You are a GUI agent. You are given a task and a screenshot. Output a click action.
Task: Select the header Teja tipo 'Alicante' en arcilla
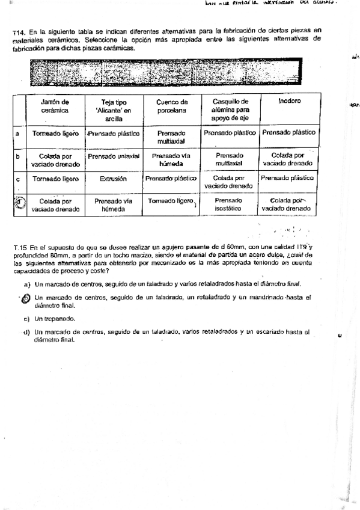[114, 111]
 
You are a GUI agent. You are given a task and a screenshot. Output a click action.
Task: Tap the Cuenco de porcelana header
[171, 106]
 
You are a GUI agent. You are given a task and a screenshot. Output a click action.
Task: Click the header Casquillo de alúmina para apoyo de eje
[230, 111]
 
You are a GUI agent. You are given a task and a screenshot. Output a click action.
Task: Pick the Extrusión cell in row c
[114, 179]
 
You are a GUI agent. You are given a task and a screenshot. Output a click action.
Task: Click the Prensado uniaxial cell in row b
[114, 156]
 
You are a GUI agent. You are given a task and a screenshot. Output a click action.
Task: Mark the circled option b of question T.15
[26, 298]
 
